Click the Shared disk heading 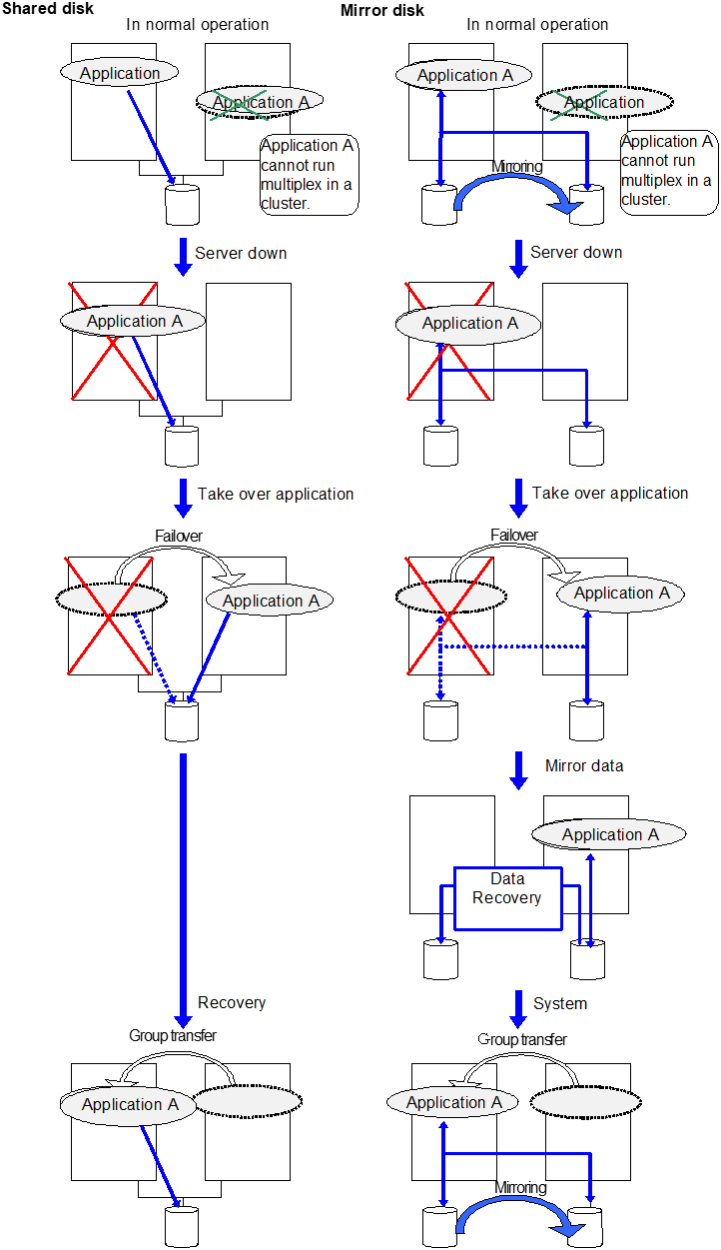point(48,9)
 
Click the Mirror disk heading point(382,10)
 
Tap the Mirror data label point(584,766)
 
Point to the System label point(560,1003)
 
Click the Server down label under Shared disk point(241,253)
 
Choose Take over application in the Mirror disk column point(609,493)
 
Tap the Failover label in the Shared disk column point(179,537)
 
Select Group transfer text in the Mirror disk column point(522,1039)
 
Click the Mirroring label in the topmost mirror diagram point(517,167)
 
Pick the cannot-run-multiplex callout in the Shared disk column point(309,175)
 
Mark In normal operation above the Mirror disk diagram point(537,24)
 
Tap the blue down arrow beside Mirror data point(518,769)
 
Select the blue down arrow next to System point(518,1007)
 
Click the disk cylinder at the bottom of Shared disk point(182,1227)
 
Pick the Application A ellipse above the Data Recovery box point(609,834)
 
